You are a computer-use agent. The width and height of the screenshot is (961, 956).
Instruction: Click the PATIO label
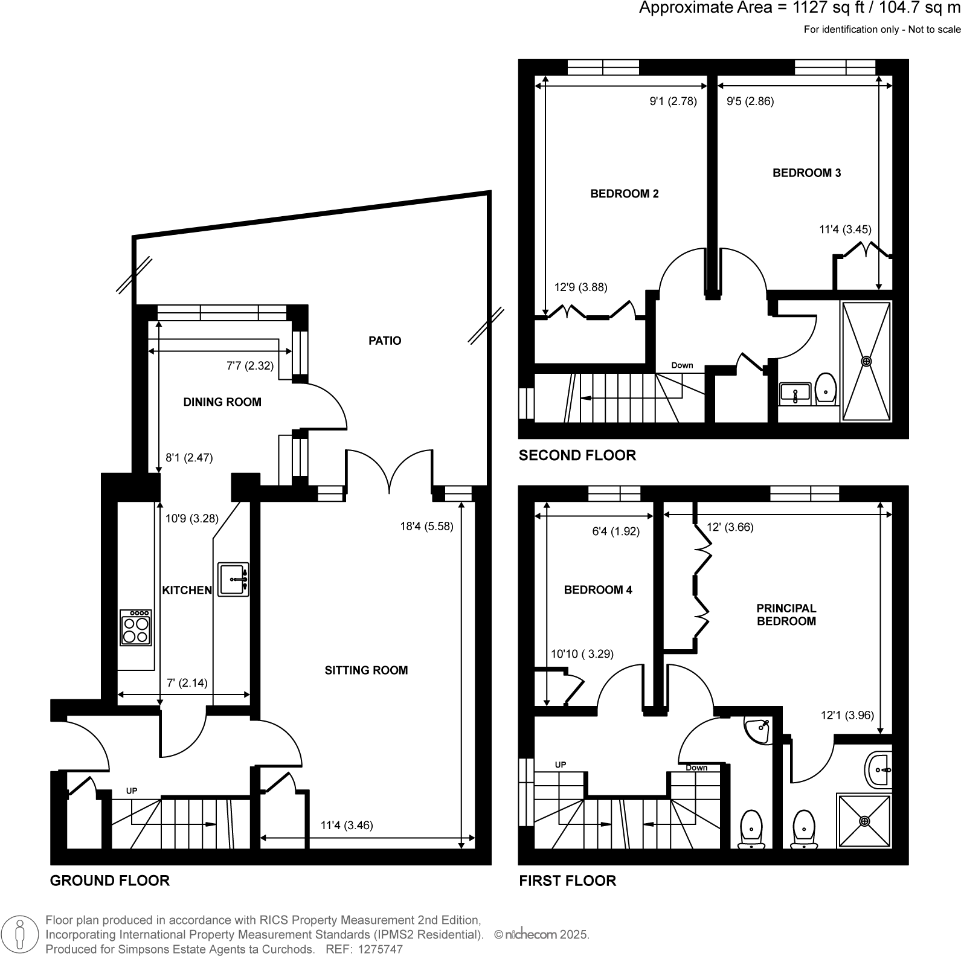click(385, 341)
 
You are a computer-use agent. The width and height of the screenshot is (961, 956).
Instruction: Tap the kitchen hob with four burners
click(136, 628)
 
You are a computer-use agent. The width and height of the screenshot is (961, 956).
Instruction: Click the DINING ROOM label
click(222, 402)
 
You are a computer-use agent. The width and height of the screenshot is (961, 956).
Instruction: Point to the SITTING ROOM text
click(366, 670)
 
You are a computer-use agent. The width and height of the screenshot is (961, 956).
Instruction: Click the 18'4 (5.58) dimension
click(426, 526)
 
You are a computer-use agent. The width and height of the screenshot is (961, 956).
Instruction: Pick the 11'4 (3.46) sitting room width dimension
click(347, 825)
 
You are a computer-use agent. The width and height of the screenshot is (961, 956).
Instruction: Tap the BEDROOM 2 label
click(624, 194)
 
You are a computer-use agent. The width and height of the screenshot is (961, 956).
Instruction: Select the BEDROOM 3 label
click(806, 173)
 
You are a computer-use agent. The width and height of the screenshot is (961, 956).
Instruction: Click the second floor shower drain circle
click(866, 361)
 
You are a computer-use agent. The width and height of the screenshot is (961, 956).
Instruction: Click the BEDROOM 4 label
click(598, 590)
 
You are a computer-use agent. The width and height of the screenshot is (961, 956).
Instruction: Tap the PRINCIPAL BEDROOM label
click(786, 615)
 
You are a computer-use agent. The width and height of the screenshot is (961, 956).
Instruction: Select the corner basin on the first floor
click(758, 730)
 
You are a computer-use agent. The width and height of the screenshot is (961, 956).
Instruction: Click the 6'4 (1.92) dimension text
click(615, 531)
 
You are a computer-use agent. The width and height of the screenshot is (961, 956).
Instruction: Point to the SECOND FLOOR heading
click(577, 456)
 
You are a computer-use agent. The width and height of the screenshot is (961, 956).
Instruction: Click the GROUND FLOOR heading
click(109, 881)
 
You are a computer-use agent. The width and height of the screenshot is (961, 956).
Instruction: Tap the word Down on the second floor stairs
click(682, 365)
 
